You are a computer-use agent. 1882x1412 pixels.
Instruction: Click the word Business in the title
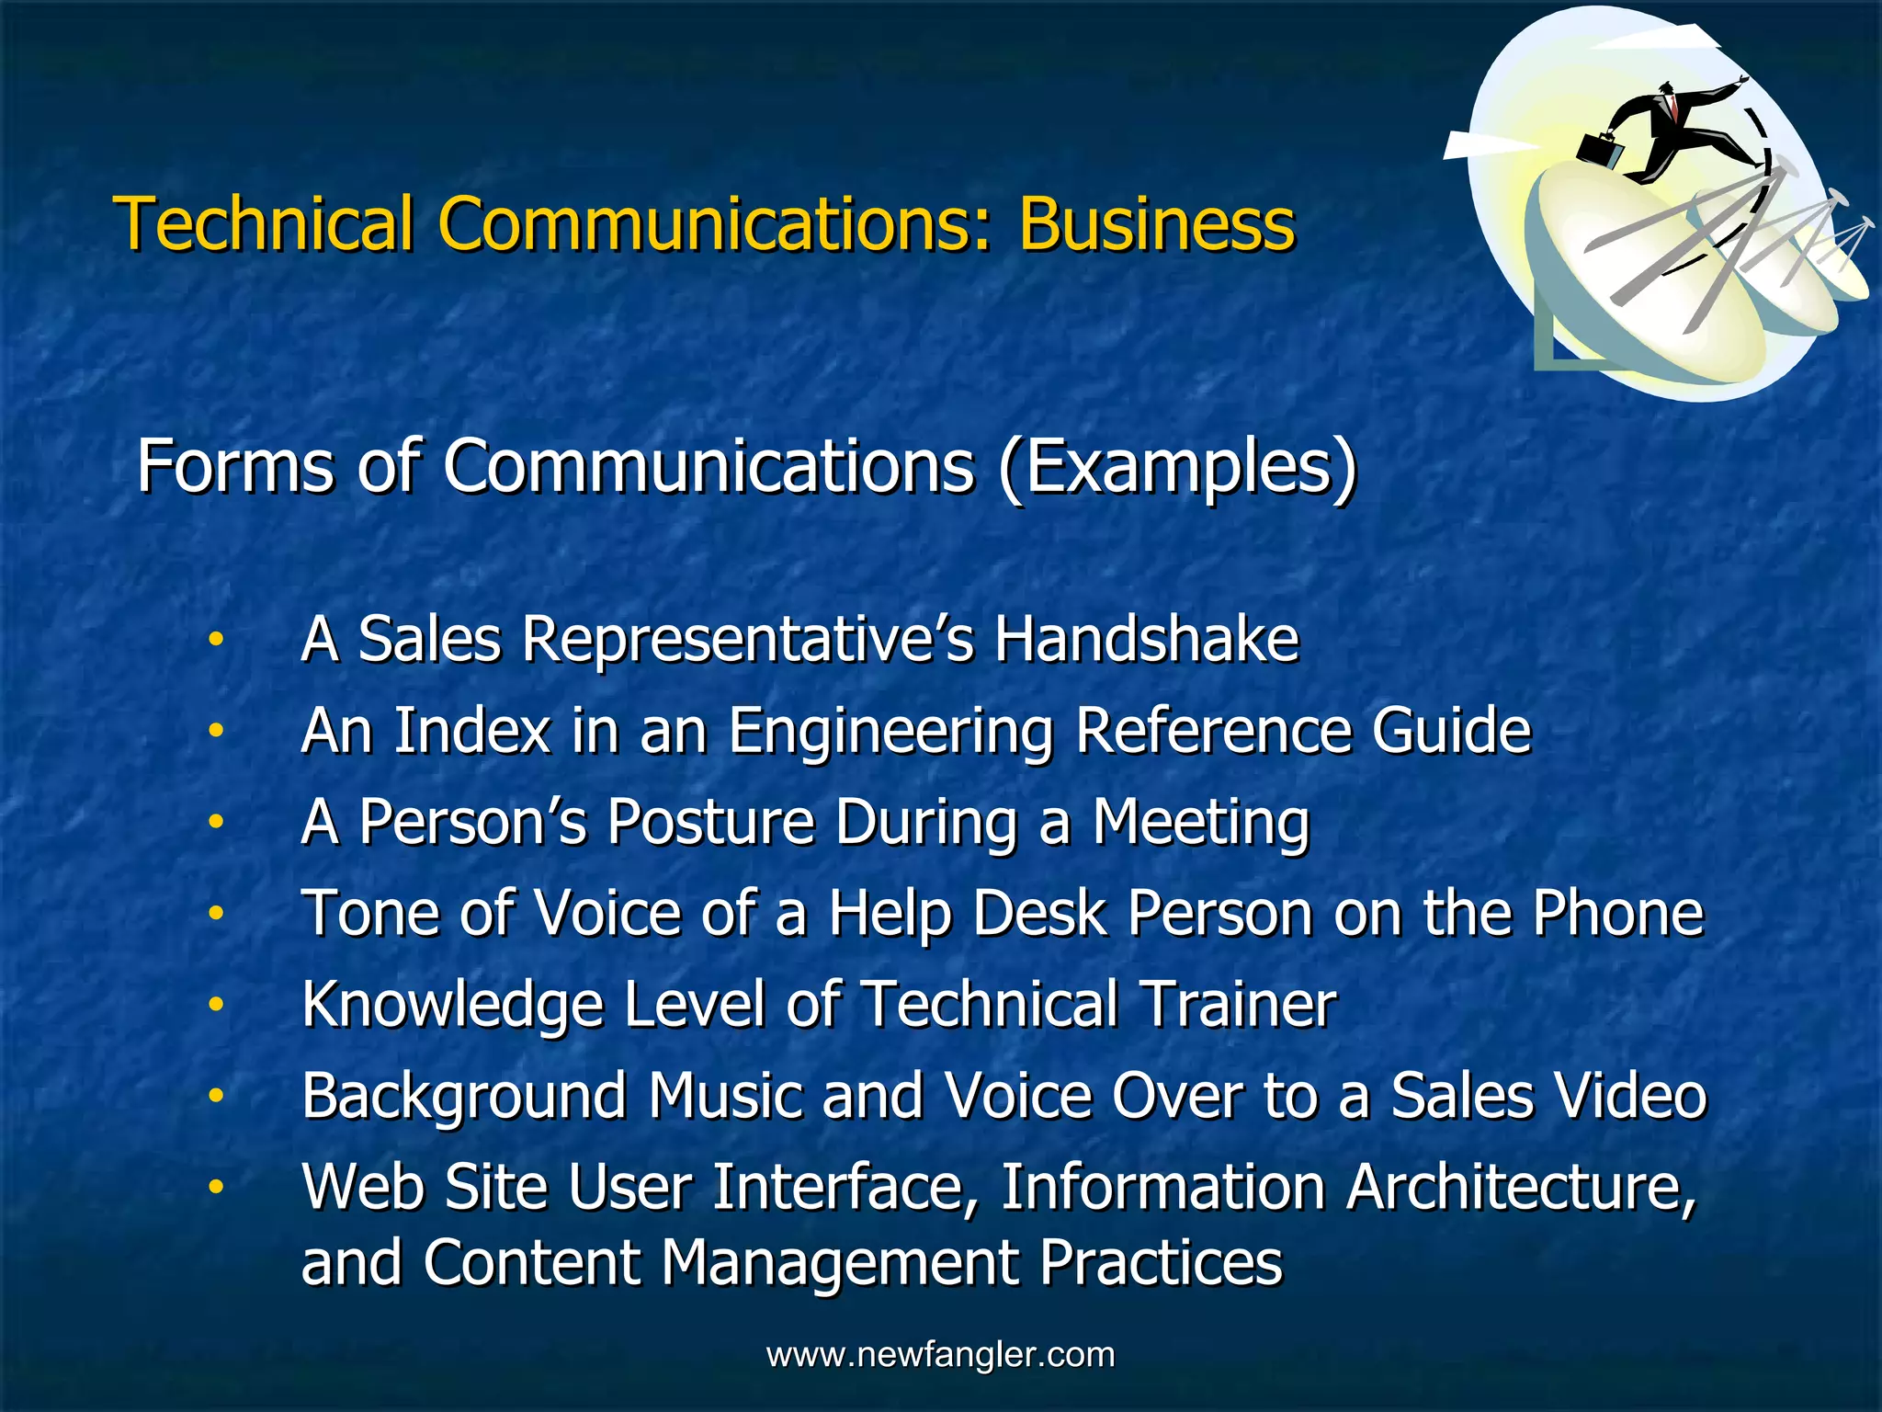point(1156,223)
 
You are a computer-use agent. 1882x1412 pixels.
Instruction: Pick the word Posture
point(710,821)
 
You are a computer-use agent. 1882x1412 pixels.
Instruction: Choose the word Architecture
point(1521,1187)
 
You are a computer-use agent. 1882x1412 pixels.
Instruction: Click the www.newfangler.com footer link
point(940,1354)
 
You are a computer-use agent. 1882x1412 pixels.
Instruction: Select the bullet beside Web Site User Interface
point(215,1187)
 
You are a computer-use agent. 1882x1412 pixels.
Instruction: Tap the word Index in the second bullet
point(471,731)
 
